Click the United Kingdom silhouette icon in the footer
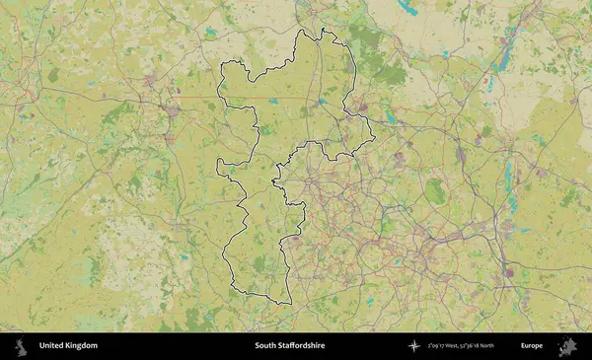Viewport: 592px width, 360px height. point(21,346)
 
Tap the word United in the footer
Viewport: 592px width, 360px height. point(52,346)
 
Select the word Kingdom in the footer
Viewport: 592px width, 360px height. point(82,346)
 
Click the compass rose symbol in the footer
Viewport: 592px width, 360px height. point(415,346)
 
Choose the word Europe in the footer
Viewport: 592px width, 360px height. point(532,346)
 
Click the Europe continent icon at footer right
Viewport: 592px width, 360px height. point(567,346)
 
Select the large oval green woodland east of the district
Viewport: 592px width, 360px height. point(434,191)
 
